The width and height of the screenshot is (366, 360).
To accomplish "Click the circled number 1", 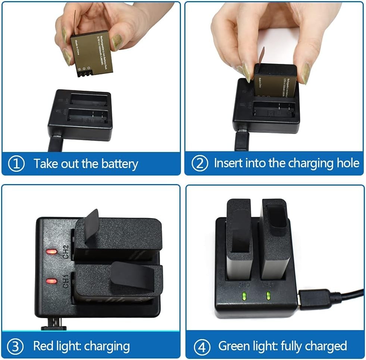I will click(16, 164).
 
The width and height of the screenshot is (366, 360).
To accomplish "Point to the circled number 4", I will click(202, 347).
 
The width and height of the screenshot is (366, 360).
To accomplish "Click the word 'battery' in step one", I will click(120, 164).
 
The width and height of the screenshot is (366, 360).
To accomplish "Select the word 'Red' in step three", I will click(43, 346).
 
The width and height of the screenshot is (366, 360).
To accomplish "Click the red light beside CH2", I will click(51, 252).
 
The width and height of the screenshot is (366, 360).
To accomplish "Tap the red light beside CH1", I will click(51, 281).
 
